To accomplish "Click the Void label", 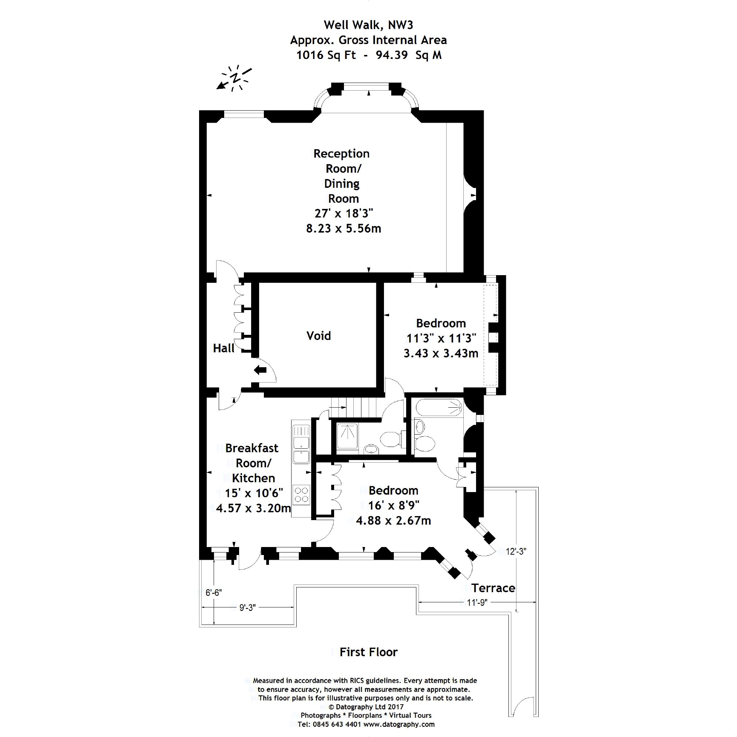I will point(318,336).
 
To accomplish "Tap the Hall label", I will point(223,348).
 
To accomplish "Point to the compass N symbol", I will point(236,78).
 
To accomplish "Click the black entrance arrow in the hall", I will point(260,370).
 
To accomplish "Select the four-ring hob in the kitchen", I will point(301,495).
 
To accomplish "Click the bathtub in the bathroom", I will point(439,408).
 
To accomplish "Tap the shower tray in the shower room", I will point(347,436).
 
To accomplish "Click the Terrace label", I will point(493,588).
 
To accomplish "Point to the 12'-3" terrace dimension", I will point(516,551).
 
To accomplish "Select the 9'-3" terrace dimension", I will point(247,608).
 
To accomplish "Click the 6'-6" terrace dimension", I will point(214,593).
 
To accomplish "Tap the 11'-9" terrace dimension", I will point(477,602).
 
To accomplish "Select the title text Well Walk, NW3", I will point(368,25).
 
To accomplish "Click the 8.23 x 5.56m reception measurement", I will point(343,228).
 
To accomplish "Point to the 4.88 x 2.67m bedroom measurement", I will point(393,520).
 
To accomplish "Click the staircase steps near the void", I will point(353,407).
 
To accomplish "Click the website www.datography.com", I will point(399,724).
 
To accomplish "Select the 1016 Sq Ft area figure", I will point(326,55).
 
